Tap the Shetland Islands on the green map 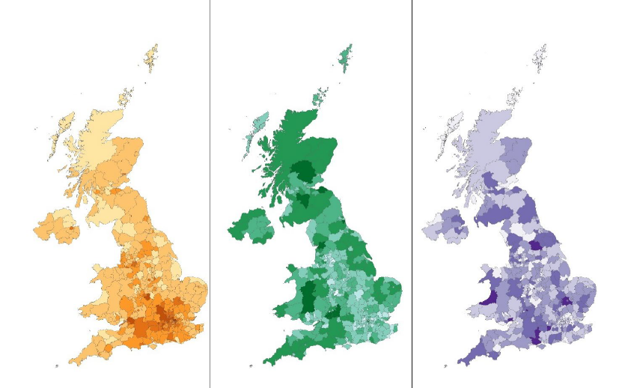pyautogui.click(x=347, y=55)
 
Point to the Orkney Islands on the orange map pyautogui.click(x=126, y=97)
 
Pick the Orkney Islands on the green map pyautogui.click(x=323, y=96)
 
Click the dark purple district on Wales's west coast pyautogui.click(x=487, y=297)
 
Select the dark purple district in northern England pyautogui.click(x=537, y=243)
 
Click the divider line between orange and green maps pyautogui.click(x=210, y=195)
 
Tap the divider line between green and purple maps pyautogui.click(x=412, y=195)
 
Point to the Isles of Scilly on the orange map pyautogui.click(x=57, y=366)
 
